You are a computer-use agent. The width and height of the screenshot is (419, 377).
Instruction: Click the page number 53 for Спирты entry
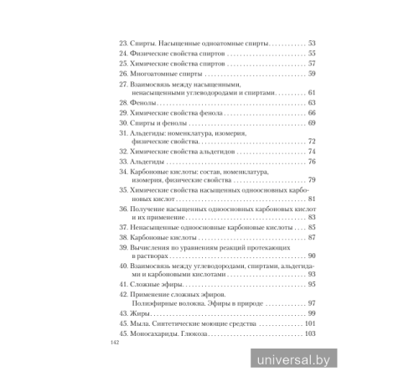(x=311, y=43)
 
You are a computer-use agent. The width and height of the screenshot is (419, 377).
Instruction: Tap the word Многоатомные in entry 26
(x=153, y=74)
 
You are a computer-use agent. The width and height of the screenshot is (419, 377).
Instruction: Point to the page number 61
(x=311, y=92)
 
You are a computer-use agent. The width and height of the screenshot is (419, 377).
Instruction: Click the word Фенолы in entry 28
(x=142, y=102)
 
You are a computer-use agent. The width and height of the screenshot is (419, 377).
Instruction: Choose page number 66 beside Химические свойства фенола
(x=311, y=112)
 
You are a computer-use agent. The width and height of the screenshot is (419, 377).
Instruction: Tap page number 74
(x=311, y=152)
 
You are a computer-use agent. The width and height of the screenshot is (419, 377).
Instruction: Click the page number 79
(x=311, y=180)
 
